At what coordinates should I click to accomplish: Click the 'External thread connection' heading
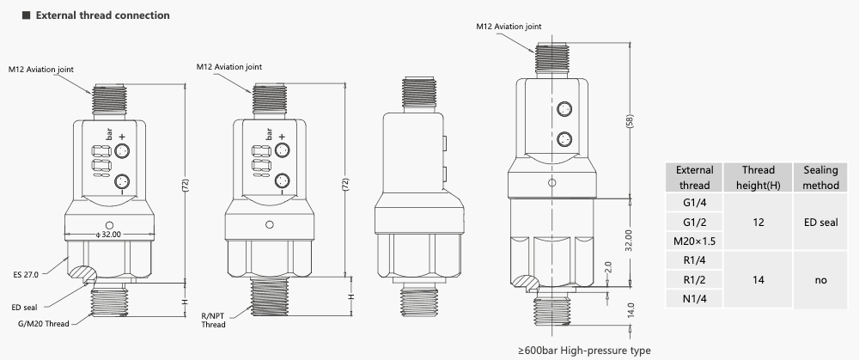(x=102, y=15)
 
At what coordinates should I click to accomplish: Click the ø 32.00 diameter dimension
(x=108, y=234)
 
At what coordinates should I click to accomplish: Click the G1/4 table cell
(x=694, y=203)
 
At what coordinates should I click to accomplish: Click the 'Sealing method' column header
(x=819, y=177)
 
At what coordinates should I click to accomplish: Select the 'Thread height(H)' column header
(x=758, y=177)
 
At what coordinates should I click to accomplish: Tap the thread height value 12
(x=758, y=222)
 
